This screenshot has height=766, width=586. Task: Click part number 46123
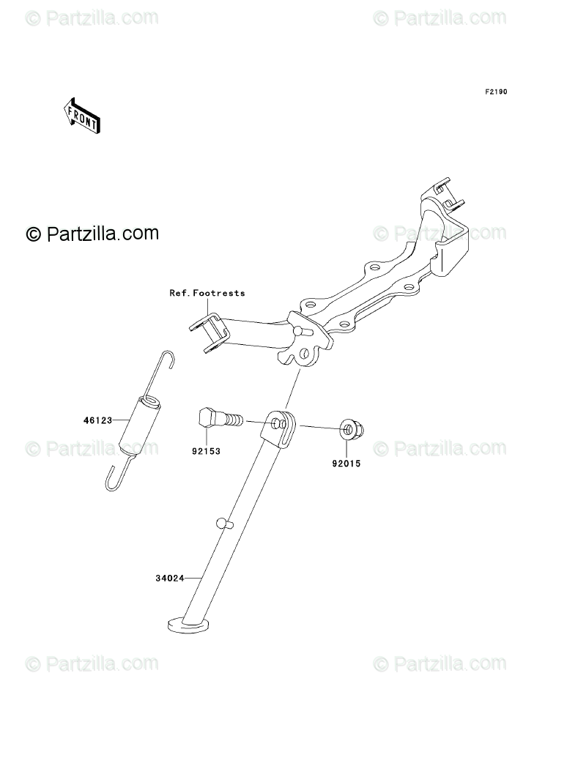pos(97,421)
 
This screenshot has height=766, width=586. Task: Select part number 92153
pos(206,451)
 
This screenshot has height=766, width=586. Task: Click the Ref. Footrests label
pos(207,293)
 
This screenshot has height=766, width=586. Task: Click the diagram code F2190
pos(495,92)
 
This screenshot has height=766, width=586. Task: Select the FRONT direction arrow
pos(82,116)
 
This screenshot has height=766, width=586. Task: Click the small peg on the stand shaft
pos(223,523)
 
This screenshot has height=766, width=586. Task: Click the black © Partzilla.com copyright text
pos(92,234)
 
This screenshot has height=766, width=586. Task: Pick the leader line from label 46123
pos(121,421)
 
